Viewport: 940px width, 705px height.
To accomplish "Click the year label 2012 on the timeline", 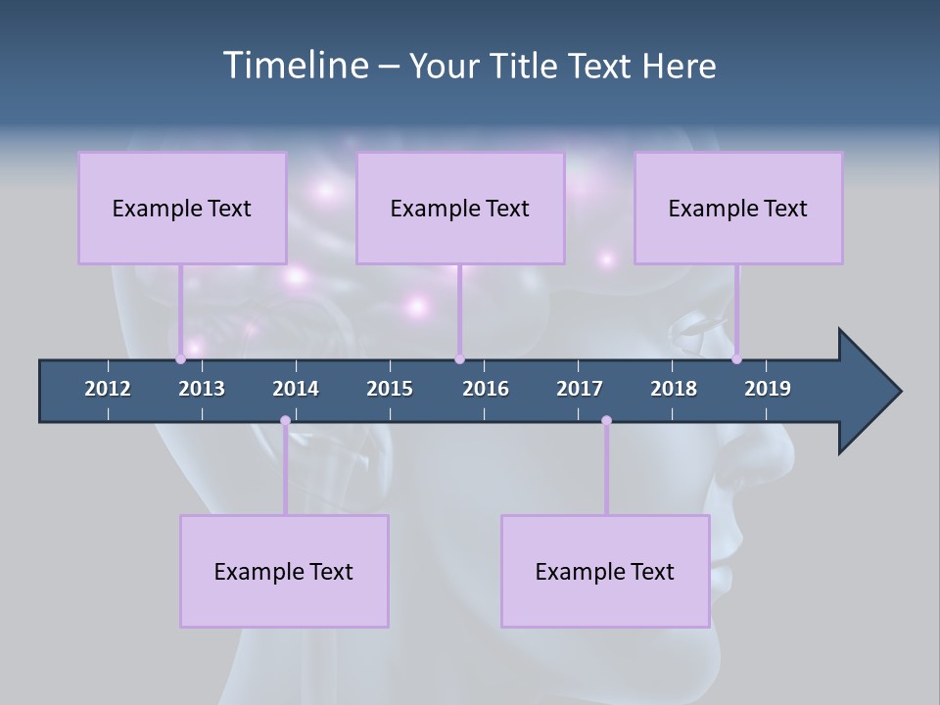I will [108, 389].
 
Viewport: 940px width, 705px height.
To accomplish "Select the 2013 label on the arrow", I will [202, 389].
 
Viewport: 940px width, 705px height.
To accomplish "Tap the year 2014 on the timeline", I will [296, 389].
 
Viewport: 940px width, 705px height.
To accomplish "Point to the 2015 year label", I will [390, 389].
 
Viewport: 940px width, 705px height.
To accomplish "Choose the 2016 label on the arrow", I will [486, 389].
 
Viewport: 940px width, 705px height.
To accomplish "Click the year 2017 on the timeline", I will [580, 389].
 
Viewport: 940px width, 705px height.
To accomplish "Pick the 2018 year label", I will [674, 389].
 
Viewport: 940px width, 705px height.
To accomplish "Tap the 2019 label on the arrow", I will [768, 389].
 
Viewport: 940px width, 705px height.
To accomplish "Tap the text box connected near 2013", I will [182, 208].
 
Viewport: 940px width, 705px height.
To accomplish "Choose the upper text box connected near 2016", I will [460, 208].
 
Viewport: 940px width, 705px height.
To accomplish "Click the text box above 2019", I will [738, 208].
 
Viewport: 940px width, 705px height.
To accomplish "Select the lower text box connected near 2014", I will [284, 571].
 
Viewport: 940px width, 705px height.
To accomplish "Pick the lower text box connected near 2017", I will [605, 571].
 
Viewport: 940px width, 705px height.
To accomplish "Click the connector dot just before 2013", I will [181, 359].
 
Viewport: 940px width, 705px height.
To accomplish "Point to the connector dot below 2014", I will [285, 421].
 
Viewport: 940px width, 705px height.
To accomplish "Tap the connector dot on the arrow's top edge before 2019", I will [736, 359].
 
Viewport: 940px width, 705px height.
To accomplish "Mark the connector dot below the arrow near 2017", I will [606, 421].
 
